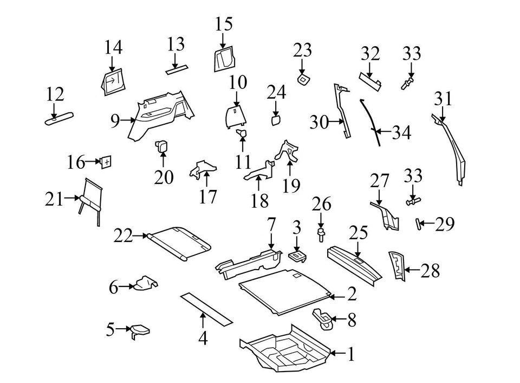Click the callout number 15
click(x=223, y=24)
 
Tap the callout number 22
click(x=123, y=236)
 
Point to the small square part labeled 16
click(x=106, y=162)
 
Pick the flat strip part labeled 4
click(x=206, y=308)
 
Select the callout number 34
click(x=401, y=132)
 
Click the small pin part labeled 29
click(x=419, y=224)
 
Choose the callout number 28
click(x=430, y=271)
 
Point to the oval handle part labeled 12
click(x=59, y=119)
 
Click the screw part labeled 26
click(x=322, y=235)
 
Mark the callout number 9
click(x=114, y=121)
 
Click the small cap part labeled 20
click(x=162, y=145)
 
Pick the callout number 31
click(x=443, y=99)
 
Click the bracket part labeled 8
click(x=324, y=318)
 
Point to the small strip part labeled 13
click(x=177, y=69)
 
